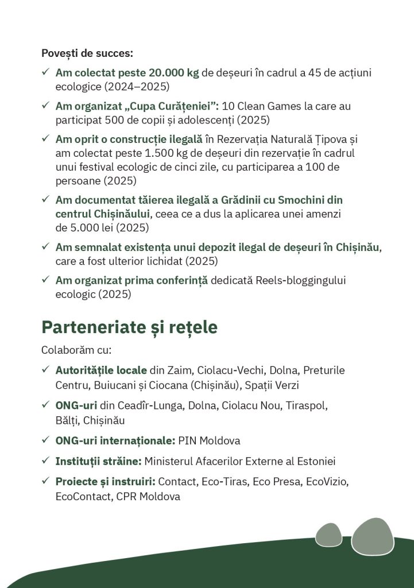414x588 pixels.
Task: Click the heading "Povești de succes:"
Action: coord(87,53)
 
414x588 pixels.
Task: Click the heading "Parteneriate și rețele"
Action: coord(129,327)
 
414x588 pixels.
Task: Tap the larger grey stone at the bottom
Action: coord(372,536)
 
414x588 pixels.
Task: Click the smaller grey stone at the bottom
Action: coord(328,535)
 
